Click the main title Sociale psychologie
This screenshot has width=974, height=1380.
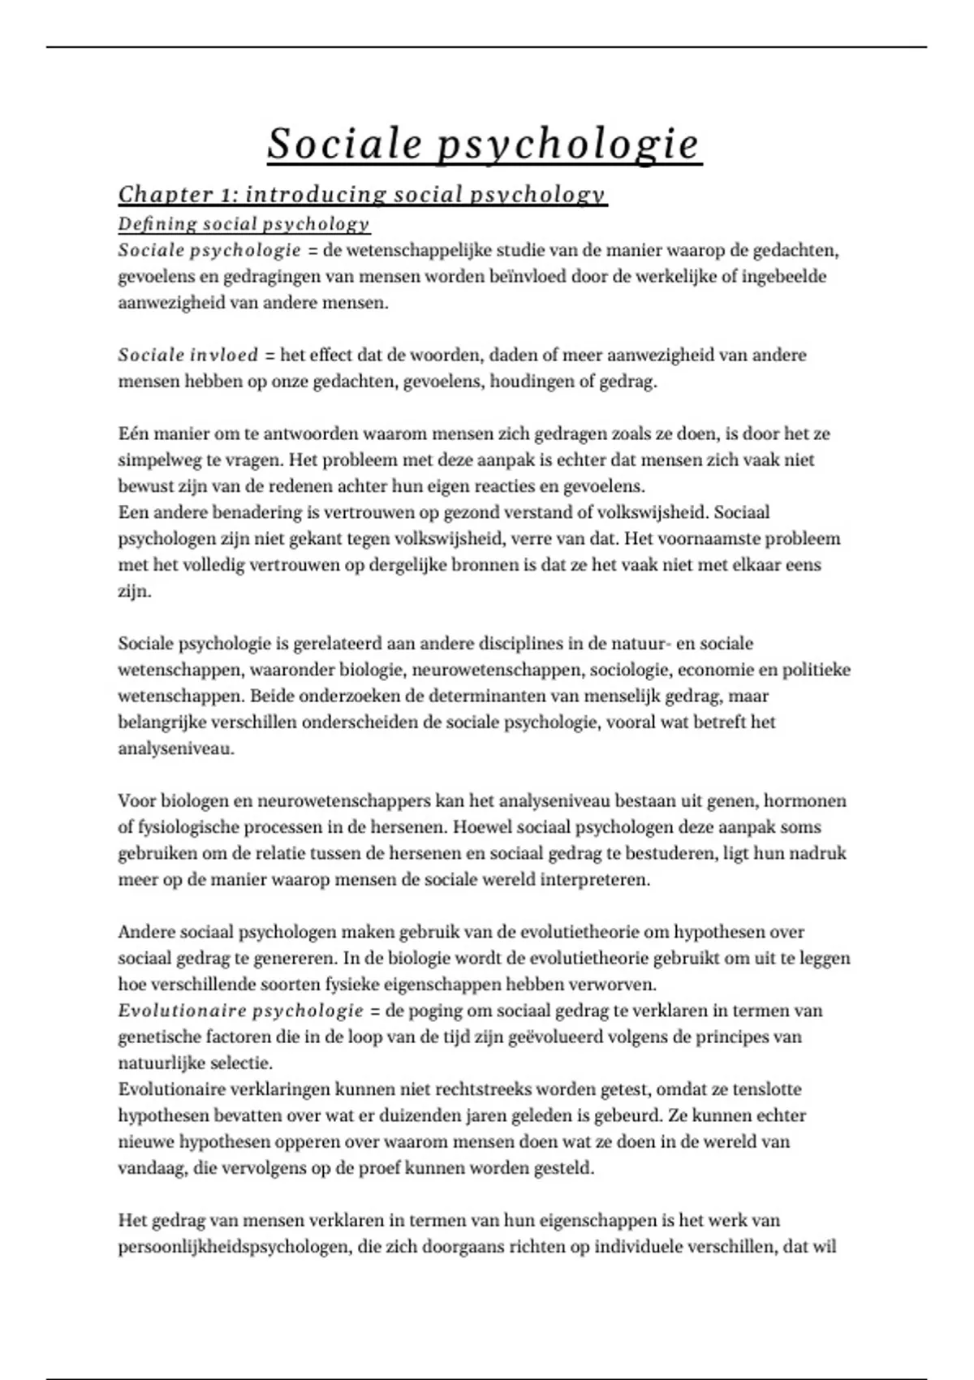point(485,144)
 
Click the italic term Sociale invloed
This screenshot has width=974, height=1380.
point(188,355)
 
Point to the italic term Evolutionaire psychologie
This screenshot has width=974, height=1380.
point(240,1011)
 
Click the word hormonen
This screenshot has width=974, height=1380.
point(808,801)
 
